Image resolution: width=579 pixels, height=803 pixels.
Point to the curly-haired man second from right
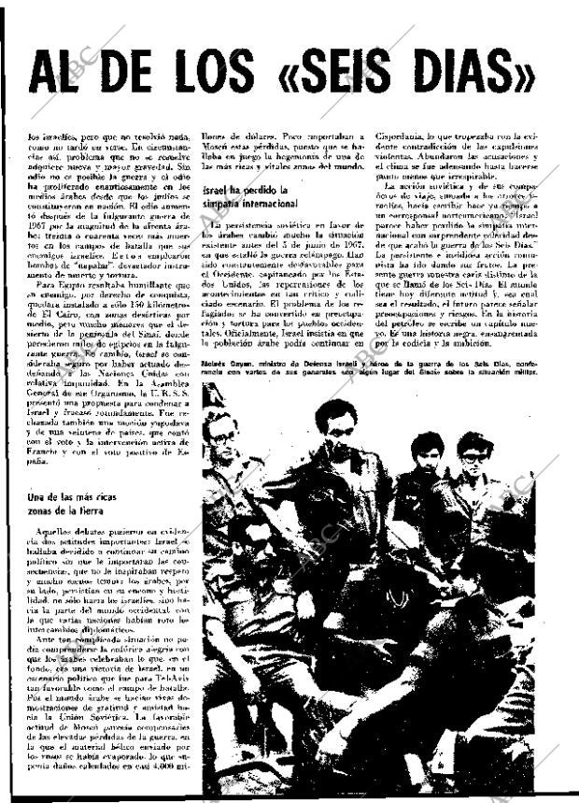click(427, 452)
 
